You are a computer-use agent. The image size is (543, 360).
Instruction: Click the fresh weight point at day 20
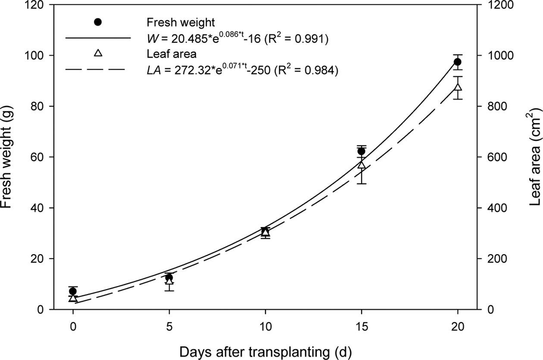point(458,62)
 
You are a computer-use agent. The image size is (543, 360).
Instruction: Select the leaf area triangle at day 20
point(458,87)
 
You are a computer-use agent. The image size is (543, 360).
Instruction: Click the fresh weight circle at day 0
point(73,292)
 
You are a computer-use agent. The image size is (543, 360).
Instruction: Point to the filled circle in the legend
point(98,22)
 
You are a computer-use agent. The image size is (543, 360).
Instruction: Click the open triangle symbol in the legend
point(98,53)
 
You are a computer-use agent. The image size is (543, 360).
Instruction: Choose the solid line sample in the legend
point(98,37)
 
